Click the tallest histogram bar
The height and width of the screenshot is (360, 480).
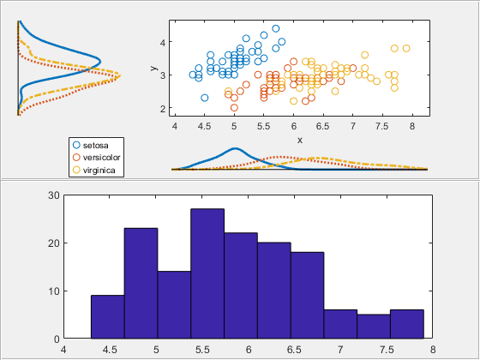click(x=207, y=274)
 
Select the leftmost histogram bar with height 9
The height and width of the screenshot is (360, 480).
click(x=107, y=317)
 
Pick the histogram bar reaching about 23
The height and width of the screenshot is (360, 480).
click(x=141, y=283)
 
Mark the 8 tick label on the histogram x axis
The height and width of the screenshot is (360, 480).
click(x=433, y=350)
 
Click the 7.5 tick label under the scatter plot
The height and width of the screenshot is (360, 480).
click(x=382, y=126)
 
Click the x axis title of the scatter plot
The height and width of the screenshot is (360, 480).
click(x=299, y=139)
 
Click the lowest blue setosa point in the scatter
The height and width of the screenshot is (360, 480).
click(x=204, y=98)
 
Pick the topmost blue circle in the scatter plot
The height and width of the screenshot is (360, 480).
click(x=276, y=28)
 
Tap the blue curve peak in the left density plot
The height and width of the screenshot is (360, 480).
click(x=100, y=62)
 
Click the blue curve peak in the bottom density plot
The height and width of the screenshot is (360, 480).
click(x=234, y=149)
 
